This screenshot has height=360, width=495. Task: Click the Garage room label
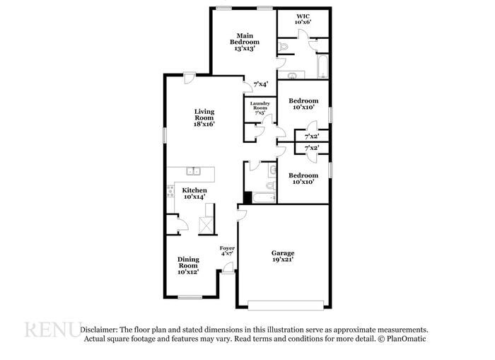pyautogui.click(x=283, y=256)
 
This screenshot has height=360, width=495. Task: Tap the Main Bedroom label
pyautogui.click(x=245, y=42)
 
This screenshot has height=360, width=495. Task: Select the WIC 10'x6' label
pyautogui.click(x=303, y=19)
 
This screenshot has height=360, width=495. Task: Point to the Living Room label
pyautogui.click(x=204, y=117)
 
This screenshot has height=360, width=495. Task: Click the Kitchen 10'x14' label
pyautogui.click(x=194, y=193)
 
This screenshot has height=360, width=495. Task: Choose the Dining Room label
pyautogui.click(x=188, y=265)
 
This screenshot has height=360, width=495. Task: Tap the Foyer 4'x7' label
pyautogui.click(x=227, y=250)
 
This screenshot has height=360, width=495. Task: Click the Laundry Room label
pyautogui.click(x=260, y=108)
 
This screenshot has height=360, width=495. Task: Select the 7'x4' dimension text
pyautogui.click(x=261, y=84)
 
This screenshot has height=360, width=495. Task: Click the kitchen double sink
pyautogui.click(x=193, y=171)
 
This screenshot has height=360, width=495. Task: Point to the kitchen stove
pyautogui.click(x=170, y=191)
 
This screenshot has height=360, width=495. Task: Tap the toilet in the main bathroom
pyautogui.click(x=283, y=47)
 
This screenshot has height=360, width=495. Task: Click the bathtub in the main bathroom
pyautogui.click(x=322, y=66)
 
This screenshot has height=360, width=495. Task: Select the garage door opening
pyautogui.click(x=286, y=306)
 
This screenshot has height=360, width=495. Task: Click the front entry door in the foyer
pyautogui.click(x=228, y=268)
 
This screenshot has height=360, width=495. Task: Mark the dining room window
pyautogui.click(x=190, y=297)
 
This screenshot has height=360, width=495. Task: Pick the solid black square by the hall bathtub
pyautogui.click(x=248, y=197)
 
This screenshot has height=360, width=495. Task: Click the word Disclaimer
pyautogui.click(x=99, y=330)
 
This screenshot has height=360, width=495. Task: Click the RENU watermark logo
pyautogui.click(x=53, y=329)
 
